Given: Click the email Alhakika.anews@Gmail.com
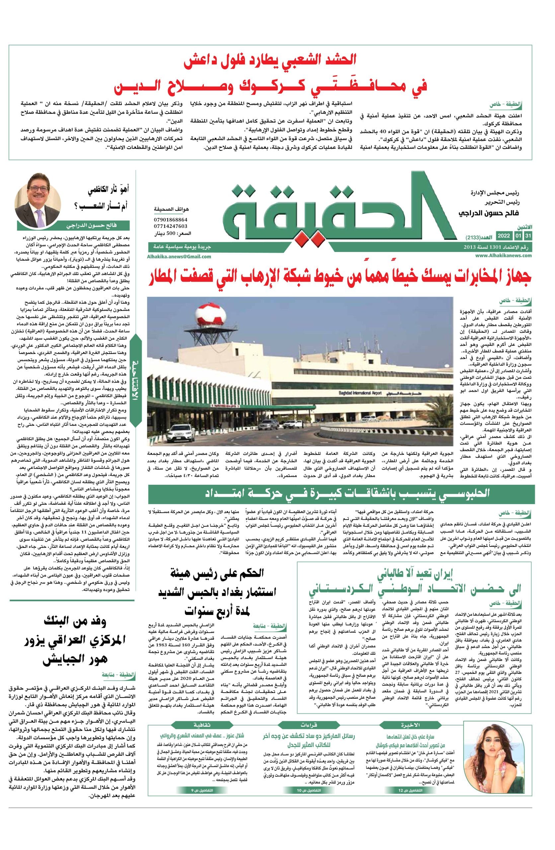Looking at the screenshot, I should click(179, 256).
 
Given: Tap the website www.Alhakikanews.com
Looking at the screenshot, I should click(503, 255).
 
